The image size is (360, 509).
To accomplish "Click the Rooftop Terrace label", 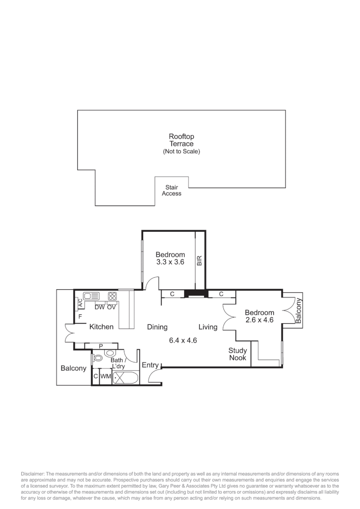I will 181,140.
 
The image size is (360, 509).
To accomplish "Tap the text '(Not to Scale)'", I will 181,152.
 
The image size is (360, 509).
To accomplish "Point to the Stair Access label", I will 172,190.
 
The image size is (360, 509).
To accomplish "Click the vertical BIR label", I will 199,261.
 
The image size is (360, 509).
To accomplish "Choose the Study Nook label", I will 237,354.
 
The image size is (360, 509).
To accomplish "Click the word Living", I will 208,327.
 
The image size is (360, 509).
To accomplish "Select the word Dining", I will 157,327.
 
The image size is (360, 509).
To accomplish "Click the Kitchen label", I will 101,327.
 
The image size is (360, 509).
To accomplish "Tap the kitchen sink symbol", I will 91,296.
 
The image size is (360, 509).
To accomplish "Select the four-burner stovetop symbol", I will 112,296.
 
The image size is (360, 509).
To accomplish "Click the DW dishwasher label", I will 99,307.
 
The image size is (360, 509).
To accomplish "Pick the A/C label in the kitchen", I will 80,303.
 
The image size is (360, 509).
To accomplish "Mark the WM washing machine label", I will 106,377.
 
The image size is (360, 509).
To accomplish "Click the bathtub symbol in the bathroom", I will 125,378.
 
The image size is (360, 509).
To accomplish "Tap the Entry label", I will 150,365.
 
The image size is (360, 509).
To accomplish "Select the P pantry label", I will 100,346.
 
